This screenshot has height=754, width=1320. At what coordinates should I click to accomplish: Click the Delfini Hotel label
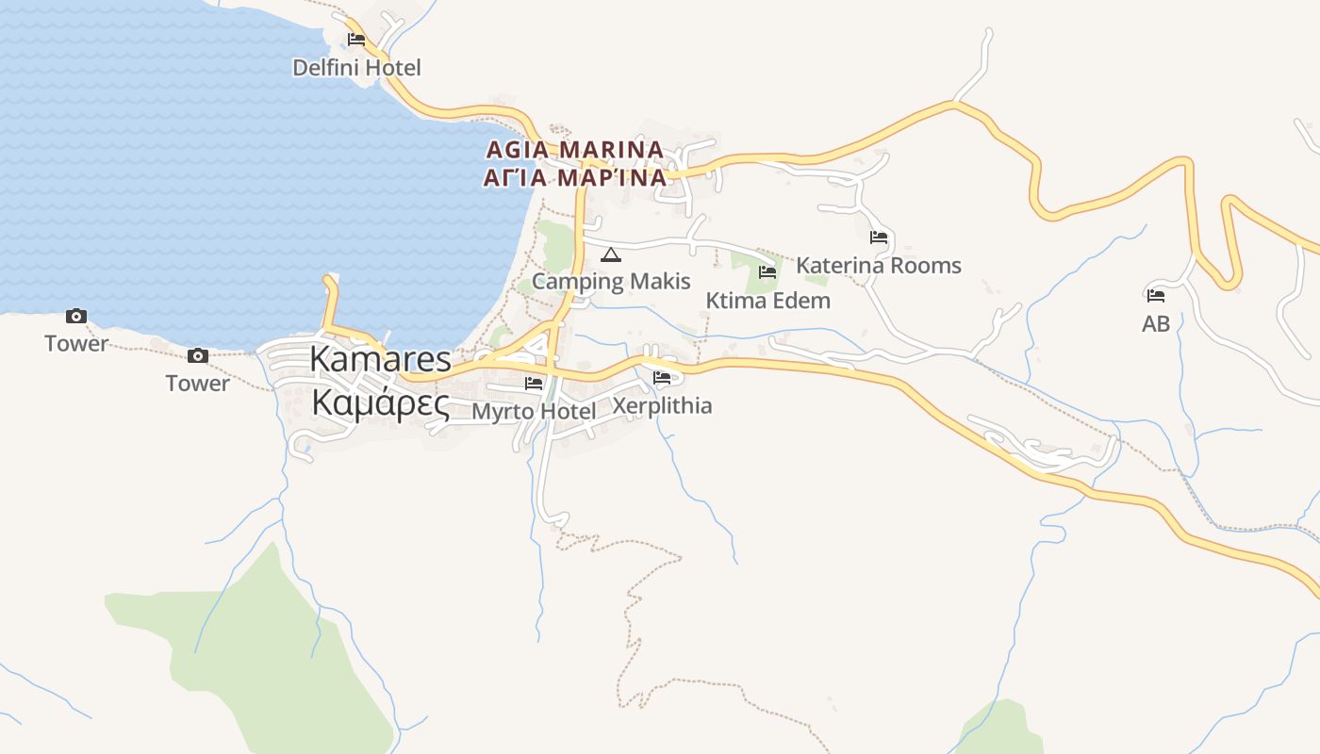coord(356,68)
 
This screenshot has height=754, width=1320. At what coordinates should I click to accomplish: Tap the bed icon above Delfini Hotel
coord(356,40)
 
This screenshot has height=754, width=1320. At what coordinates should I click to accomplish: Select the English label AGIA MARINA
coord(575,150)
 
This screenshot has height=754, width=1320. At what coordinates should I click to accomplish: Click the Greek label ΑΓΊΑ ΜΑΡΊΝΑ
coord(575,177)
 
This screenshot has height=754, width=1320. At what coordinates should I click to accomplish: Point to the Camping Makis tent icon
coord(611,254)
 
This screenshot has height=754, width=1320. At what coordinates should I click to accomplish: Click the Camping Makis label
coord(611,281)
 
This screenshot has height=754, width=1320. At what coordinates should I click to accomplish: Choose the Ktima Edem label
coord(767,301)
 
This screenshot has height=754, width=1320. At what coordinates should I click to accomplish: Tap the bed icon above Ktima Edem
coord(767,272)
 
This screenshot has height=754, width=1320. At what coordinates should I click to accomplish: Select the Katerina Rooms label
coord(879,265)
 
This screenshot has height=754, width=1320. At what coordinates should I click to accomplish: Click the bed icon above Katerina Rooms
coord(879,238)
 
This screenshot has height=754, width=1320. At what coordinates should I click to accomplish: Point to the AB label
coord(1156,324)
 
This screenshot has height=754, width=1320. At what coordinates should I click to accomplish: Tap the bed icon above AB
coord(1156,295)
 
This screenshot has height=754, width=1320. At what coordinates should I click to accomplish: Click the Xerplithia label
coord(662,406)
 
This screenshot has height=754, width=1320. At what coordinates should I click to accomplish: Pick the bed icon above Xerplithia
coord(662,379)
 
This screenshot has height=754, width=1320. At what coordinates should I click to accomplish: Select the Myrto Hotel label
coord(534,411)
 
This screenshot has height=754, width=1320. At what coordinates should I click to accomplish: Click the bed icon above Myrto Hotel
coord(534,384)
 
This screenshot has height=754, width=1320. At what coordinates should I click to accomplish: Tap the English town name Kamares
coord(380,359)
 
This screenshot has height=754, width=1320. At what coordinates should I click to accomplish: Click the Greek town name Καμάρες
coord(380,402)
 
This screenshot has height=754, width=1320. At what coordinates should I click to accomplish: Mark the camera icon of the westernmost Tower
coord(76,317)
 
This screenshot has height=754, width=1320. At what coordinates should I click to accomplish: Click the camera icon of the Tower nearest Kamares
coord(197,356)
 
